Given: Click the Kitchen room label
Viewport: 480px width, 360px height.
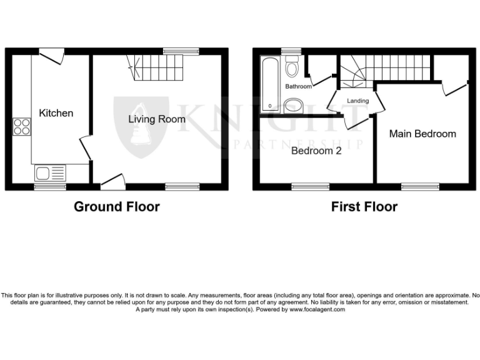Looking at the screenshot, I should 56,113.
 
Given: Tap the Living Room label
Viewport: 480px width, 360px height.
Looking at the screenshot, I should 157,119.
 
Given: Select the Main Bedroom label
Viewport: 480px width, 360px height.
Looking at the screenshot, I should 422,134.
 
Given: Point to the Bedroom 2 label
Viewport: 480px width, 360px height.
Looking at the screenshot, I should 316,151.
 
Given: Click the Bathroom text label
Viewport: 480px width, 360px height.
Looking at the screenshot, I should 298,87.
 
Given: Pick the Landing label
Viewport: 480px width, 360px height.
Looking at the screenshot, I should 357,101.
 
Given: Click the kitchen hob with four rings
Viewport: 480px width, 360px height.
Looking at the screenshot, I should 21,127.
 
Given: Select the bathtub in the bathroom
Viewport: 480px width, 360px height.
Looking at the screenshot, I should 269,84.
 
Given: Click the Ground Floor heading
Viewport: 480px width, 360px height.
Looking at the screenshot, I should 117,207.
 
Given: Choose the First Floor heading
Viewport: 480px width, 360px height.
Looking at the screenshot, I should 364,207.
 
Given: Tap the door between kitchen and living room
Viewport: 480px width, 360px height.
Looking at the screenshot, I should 85,149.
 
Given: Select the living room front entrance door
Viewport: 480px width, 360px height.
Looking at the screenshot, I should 112,182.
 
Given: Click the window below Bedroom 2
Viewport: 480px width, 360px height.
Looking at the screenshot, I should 311,186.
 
